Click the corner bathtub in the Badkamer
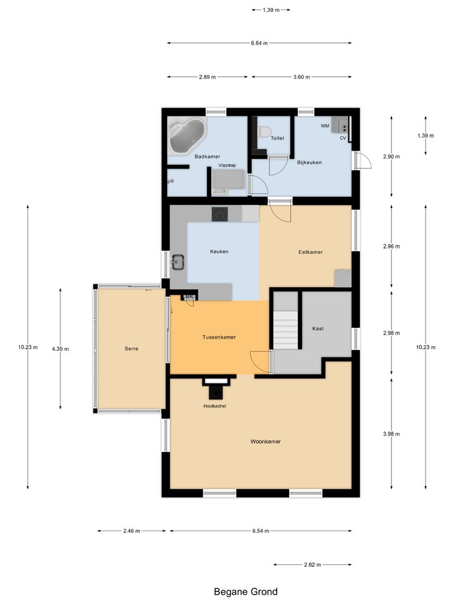click(186, 135)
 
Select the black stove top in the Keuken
click(220, 214)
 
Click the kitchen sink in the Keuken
click(178, 261)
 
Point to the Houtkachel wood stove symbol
click(216, 391)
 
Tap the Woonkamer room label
click(265, 441)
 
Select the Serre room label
click(131, 349)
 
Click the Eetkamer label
click(310, 252)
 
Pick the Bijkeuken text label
click(309, 162)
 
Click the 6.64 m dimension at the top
click(259, 43)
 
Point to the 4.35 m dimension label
click(60, 349)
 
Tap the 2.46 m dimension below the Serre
click(132, 531)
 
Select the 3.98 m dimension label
click(391, 434)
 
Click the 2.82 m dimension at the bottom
click(312, 565)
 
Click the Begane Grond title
click(245, 591)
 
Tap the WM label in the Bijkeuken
click(325, 126)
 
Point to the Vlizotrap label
click(227, 165)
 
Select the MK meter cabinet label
click(190, 297)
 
